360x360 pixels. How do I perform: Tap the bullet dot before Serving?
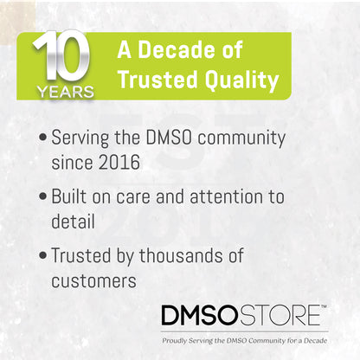click(43, 138)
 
